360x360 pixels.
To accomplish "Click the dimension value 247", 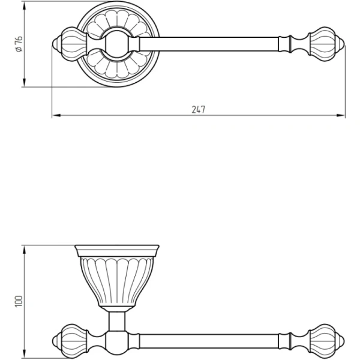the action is (199, 110).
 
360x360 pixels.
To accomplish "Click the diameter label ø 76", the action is (19, 44).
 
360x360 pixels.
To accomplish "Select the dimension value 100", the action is (19, 301).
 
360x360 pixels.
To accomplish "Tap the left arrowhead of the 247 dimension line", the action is (56, 115).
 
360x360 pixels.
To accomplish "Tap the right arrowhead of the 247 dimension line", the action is (341, 115).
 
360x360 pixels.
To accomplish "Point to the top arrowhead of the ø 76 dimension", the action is (25, 5).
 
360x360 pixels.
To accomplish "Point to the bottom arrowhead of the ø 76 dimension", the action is (25, 83).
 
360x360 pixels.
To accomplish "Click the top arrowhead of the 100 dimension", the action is (25, 250).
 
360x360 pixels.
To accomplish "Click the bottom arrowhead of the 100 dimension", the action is (25, 353).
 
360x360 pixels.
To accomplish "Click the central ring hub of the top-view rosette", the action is (117, 44).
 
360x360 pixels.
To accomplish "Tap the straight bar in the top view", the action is (209, 44).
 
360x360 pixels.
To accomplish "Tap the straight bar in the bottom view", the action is (209, 341).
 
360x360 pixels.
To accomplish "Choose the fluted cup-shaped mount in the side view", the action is (117, 282).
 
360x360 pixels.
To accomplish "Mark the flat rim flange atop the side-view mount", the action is (117, 251).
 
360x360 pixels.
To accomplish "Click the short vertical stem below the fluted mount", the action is (117, 322).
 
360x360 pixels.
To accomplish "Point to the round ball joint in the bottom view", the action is (117, 342).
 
